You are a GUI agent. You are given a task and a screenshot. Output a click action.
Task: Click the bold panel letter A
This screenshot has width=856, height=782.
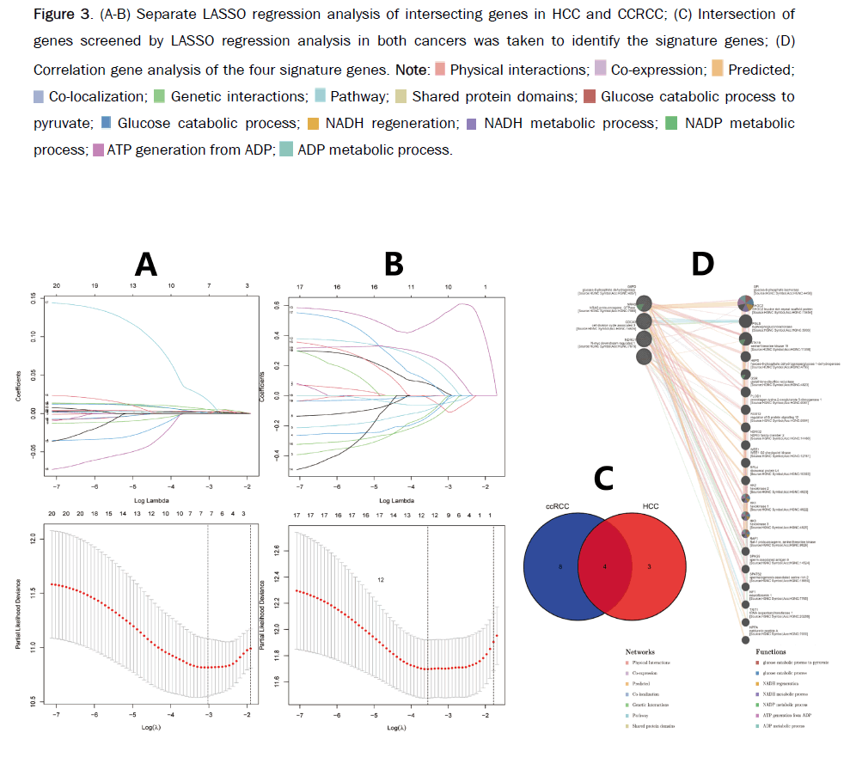click(x=146, y=264)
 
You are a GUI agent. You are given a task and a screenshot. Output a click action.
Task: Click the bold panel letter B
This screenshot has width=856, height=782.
click(x=394, y=264)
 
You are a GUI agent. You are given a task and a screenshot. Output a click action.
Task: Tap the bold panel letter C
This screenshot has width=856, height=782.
click(x=605, y=478)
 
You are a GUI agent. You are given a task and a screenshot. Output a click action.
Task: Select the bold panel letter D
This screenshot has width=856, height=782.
click(x=702, y=264)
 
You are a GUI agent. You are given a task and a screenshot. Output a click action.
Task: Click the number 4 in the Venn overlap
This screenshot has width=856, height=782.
click(x=605, y=567)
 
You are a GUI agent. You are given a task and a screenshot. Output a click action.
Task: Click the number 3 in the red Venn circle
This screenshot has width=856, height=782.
click(x=649, y=567)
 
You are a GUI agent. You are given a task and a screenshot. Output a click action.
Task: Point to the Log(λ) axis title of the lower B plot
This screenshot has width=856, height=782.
click(x=395, y=729)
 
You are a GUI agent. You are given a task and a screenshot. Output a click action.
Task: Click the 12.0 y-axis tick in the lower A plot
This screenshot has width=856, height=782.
click(x=31, y=540)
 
